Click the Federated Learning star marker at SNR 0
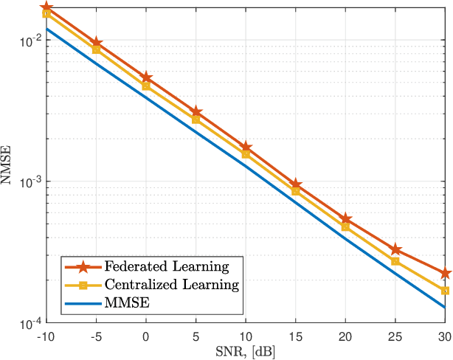pos(146,77)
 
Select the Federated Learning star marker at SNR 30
pos(445,273)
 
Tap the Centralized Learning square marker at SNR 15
pos(295,191)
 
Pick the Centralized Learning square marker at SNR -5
pos(96,49)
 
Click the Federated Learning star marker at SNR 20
pos(345,219)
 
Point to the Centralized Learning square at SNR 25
pos(395,261)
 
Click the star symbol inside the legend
pos(83,266)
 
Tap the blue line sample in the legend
pos(83,302)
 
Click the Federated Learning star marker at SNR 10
pos(246,148)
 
